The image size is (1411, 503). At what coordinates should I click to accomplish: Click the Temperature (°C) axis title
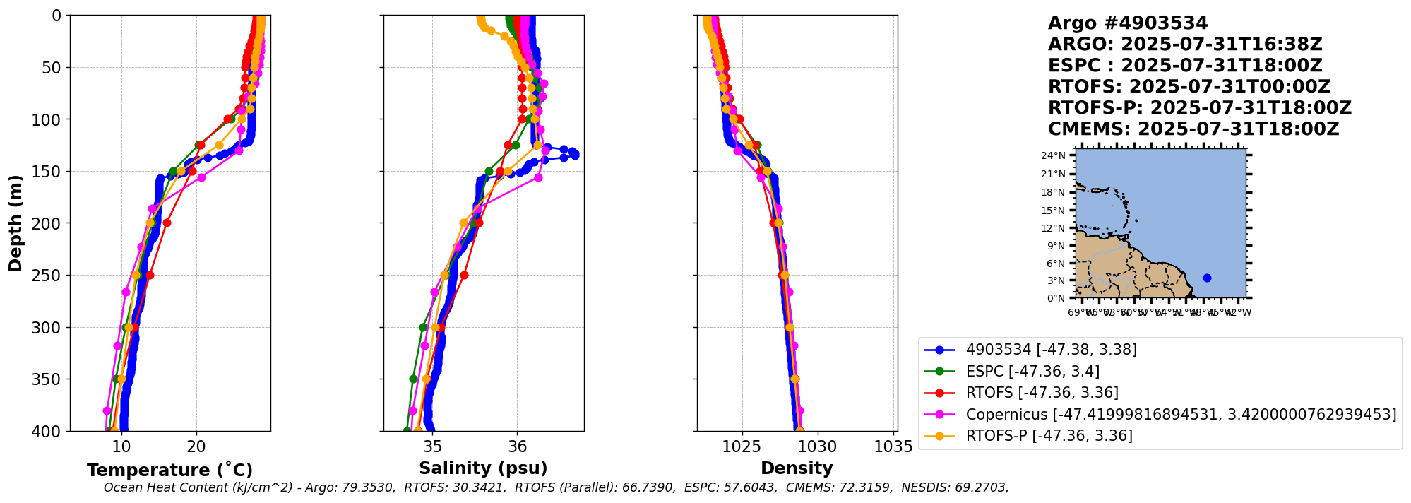[x=169, y=471]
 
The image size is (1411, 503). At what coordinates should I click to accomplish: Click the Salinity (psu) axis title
[x=483, y=468]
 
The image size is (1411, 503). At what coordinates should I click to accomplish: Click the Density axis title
[x=797, y=468]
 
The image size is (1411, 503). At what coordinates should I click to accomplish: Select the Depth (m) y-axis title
[x=16, y=223]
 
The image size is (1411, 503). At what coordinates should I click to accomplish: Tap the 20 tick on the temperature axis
[x=196, y=446]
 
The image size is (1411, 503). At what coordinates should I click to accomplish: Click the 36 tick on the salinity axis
[x=518, y=446]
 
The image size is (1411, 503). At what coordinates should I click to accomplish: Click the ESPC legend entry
[x=1032, y=371]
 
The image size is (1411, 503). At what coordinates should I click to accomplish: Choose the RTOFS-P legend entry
[x=1049, y=435]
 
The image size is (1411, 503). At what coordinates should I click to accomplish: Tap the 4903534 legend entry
[x=1051, y=350]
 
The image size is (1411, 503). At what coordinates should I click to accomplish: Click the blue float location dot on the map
[x=1207, y=278]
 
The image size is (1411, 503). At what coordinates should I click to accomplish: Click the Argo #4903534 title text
[x=1128, y=23]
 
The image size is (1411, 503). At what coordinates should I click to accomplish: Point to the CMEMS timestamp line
[x=1193, y=129]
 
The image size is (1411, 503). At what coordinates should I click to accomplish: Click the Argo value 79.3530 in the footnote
[x=369, y=487]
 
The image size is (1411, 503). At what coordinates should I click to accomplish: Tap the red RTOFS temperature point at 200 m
[x=167, y=223]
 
